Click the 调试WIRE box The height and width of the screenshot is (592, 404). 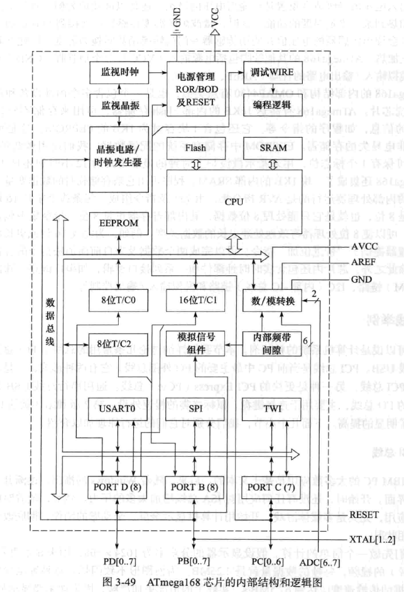[273, 70]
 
